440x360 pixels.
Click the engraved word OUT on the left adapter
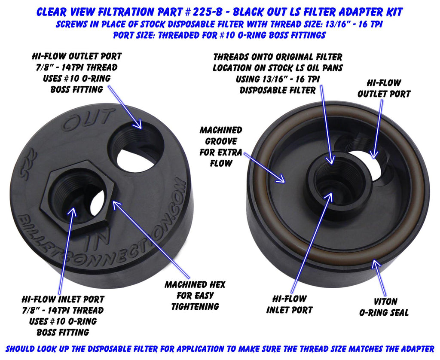click(x=89, y=120)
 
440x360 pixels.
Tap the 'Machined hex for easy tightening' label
click(x=195, y=296)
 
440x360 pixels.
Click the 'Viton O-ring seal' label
click(x=384, y=307)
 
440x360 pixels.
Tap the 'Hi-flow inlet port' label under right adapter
click(x=289, y=305)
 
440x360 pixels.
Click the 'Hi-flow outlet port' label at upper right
click(x=384, y=88)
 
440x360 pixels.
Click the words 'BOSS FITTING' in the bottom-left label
click(x=63, y=333)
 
